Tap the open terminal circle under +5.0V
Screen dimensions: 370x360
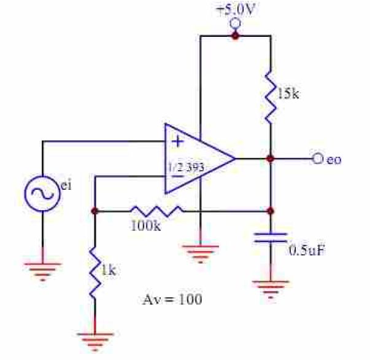[235, 23]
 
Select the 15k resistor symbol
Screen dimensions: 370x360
[271, 98]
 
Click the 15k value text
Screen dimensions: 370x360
[288, 93]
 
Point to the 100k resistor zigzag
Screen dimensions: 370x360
[157, 211]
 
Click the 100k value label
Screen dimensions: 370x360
[145, 226]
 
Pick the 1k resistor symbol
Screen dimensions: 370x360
[95, 272]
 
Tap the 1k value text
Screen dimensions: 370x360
[109, 270]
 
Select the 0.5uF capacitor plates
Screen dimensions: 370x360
[271, 238]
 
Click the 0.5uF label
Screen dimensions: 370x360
[307, 250]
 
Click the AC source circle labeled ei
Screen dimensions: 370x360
[42, 194]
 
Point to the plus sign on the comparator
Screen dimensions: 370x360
[177, 142]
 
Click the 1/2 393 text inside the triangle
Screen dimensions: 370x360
[186, 167]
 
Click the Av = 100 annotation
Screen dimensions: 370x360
[172, 299]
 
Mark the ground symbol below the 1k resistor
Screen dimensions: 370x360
[95, 342]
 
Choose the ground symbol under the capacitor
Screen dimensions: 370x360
[271, 289]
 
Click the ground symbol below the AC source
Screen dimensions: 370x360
[43, 272]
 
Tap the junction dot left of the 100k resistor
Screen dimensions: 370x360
[94, 211]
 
